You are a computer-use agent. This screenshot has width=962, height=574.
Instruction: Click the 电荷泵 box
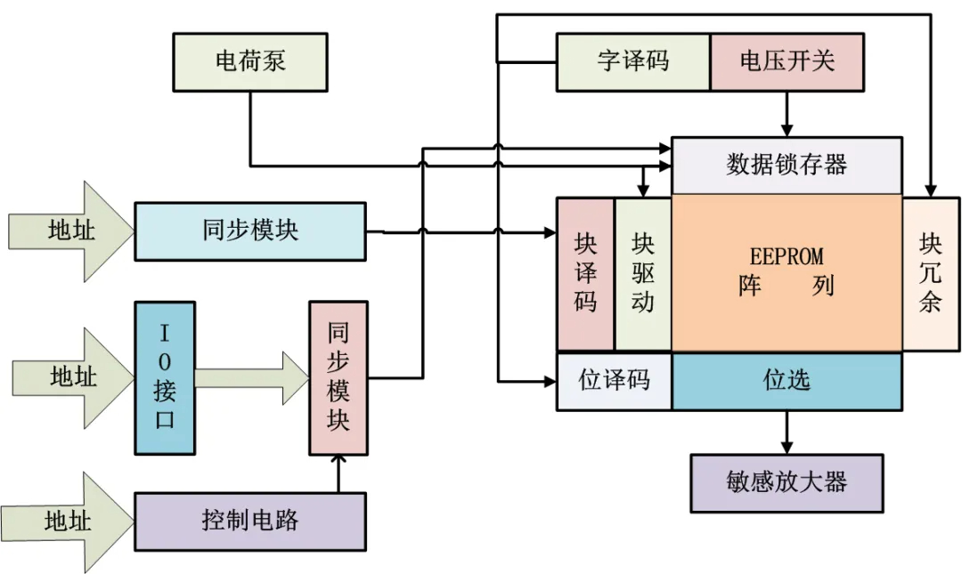click(250, 62)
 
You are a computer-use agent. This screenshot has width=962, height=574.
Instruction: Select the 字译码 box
click(633, 62)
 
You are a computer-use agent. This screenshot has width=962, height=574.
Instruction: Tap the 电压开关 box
click(787, 62)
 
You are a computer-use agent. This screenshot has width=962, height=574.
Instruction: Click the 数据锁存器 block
click(787, 166)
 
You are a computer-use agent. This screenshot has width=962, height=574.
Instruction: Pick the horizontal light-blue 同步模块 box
click(250, 231)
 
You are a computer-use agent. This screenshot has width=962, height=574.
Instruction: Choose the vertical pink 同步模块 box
click(338, 378)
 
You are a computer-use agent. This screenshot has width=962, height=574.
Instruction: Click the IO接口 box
click(164, 378)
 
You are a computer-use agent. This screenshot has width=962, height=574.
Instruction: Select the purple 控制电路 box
click(250, 521)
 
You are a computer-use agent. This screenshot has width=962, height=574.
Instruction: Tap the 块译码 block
click(585, 274)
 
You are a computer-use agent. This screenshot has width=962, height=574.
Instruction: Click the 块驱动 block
click(642, 274)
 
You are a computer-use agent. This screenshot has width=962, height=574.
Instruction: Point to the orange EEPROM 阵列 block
click(787, 273)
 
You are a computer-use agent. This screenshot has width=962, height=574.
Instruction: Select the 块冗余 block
click(931, 273)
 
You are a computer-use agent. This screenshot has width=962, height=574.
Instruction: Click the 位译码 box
click(615, 381)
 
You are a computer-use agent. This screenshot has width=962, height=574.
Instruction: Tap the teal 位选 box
click(787, 381)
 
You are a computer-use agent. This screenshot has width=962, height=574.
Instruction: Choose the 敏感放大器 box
click(787, 483)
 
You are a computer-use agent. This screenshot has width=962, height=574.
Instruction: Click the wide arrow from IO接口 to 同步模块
click(250, 378)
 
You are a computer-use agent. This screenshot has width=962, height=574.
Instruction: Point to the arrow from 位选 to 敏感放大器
click(787, 432)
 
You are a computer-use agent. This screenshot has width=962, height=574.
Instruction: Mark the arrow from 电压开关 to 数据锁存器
click(787, 113)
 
